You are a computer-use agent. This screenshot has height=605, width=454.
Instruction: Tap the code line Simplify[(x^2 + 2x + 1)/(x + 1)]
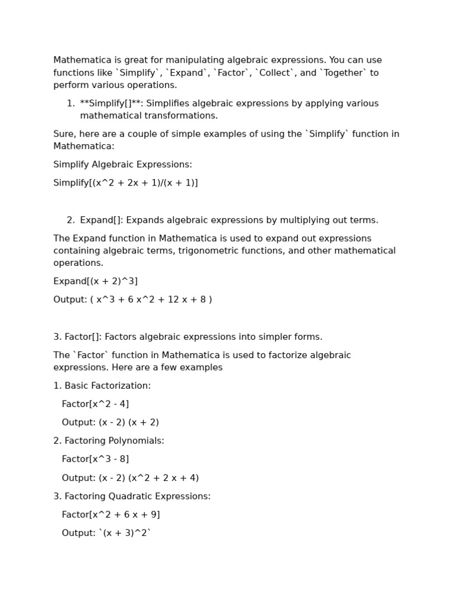click(125, 183)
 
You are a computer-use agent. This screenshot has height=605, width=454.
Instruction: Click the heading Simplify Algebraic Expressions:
click(122, 164)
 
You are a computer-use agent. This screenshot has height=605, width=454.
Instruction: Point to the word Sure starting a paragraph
click(63, 134)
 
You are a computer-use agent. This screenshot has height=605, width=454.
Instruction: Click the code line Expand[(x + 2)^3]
click(95, 281)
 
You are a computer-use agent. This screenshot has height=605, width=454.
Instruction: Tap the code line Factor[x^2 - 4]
click(95, 404)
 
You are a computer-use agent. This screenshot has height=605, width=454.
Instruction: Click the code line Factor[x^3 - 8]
click(95, 459)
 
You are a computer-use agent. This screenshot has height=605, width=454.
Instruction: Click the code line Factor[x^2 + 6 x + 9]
click(111, 515)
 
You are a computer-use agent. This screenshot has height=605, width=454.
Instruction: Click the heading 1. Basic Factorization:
click(102, 386)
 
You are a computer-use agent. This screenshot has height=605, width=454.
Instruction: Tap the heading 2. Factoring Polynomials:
click(109, 441)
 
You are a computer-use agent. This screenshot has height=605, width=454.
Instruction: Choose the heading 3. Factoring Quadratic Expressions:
click(132, 496)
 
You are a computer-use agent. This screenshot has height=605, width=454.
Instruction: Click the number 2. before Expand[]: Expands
click(71, 220)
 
